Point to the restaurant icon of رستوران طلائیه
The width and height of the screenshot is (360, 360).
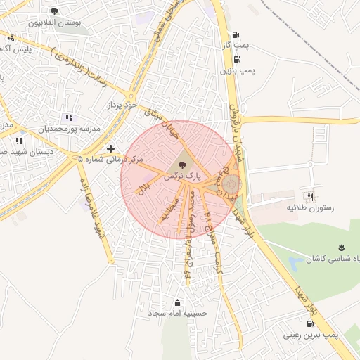coord(309,198)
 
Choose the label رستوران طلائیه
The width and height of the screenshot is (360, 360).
coord(309,209)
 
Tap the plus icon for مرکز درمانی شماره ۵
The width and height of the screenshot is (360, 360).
coord(110,148)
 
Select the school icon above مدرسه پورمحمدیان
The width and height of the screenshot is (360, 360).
coord(68,117)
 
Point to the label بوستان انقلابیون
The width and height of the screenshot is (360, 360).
coord(54,22)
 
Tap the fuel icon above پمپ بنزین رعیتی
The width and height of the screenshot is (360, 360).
coord(310,323)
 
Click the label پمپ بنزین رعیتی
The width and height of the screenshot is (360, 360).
coord(310,335)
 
